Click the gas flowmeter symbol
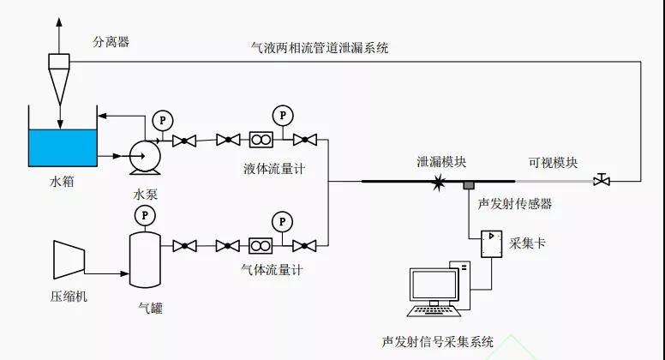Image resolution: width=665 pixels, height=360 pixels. [261, 246]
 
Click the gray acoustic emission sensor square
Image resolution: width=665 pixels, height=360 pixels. [469, 185]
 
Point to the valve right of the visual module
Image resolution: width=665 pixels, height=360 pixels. [602, 180]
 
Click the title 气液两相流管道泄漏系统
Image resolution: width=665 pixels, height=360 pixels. [315, 48]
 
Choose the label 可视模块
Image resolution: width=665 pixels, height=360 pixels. [553, 162]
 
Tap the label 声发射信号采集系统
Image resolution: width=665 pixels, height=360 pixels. [438, 341]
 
